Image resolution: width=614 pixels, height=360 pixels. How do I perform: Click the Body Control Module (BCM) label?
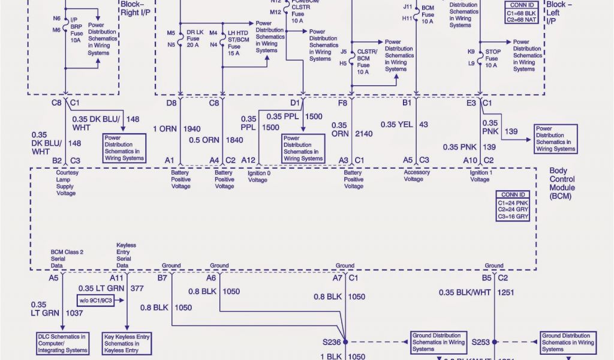562,184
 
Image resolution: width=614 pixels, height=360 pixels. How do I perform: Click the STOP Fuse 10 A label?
493,59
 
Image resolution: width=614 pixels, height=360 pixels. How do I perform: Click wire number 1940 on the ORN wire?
192,128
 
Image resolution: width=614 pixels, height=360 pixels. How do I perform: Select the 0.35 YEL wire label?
397,124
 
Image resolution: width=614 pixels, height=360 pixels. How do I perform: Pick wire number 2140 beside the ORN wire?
364,134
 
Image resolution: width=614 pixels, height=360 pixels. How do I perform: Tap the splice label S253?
480,342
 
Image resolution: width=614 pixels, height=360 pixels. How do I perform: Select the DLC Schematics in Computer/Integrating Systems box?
62,343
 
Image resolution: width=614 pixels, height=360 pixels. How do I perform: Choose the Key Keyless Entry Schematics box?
127,343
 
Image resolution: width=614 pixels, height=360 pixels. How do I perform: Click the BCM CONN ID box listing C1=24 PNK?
512,206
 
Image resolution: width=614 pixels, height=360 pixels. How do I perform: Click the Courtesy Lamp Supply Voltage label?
67,182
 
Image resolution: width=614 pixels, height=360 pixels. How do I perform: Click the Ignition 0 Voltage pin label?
258,176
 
